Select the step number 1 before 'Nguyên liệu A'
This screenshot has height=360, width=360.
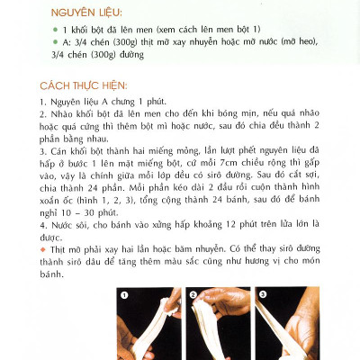tap(43, 103)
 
